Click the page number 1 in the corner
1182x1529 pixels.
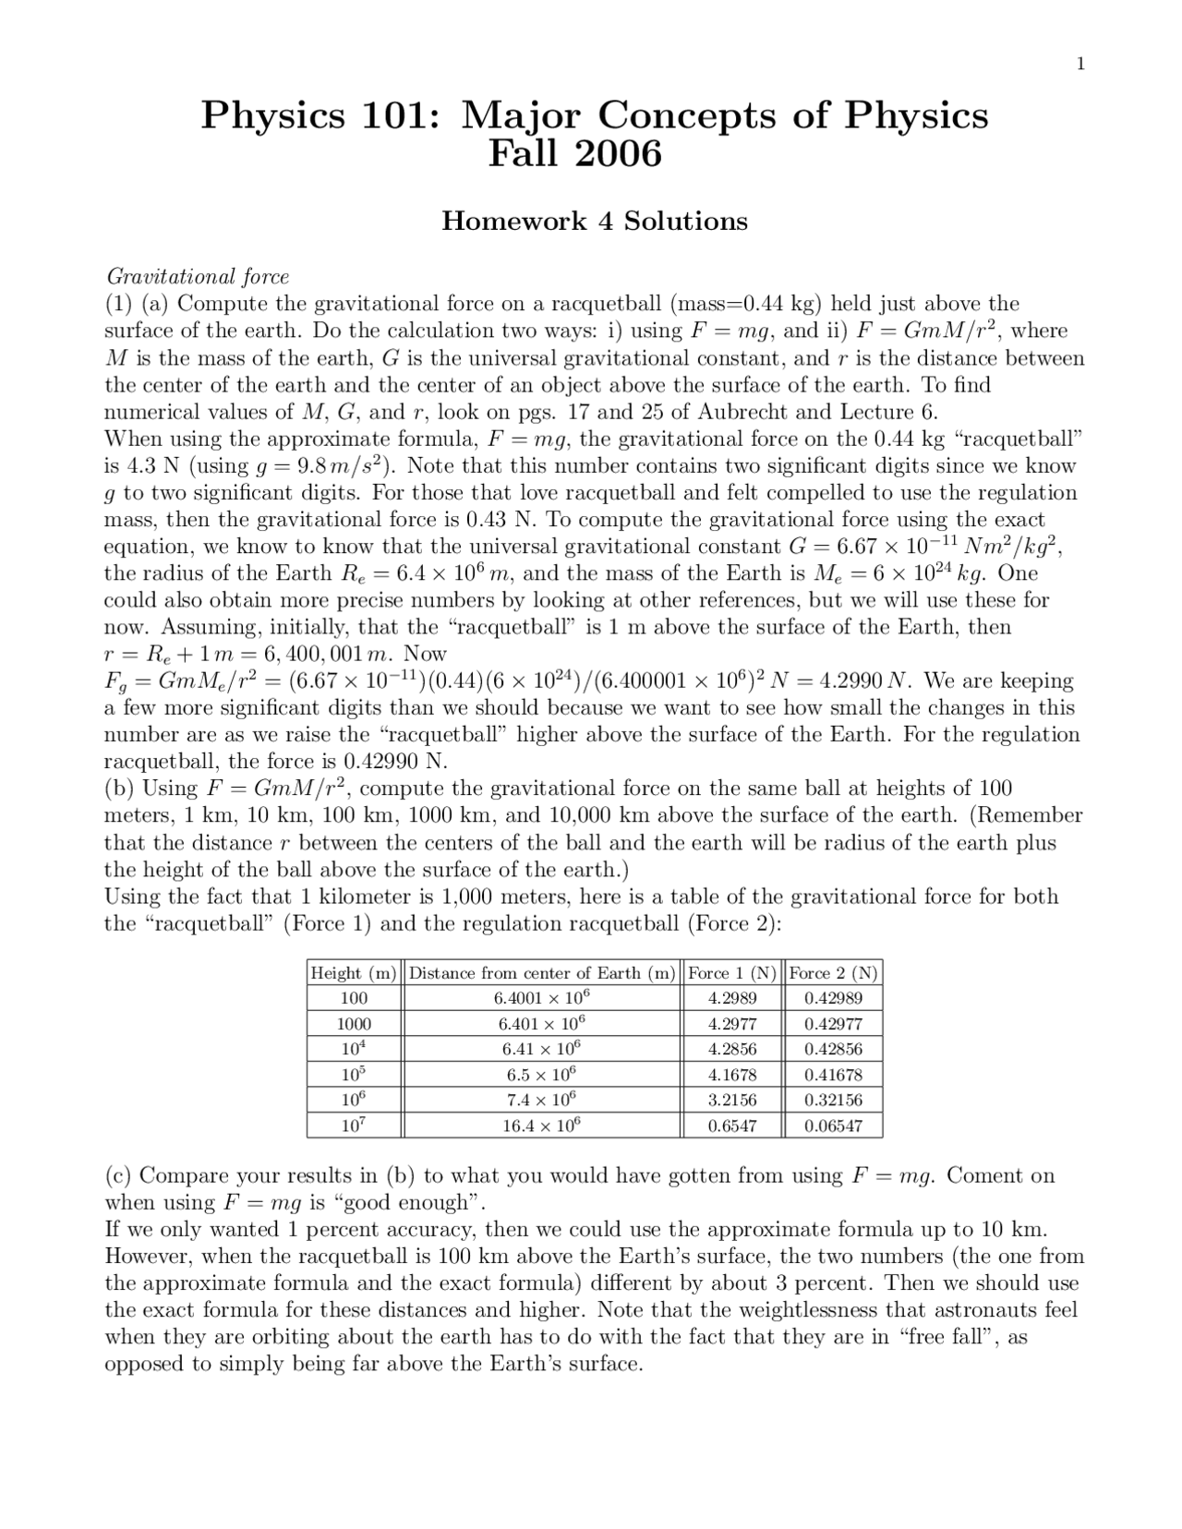pyautogui.click(x=1079, y=64)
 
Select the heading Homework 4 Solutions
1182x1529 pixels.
pyautogui.click(x=594, y=222)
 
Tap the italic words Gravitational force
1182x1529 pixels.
pyautogui.click(x=198, y=276)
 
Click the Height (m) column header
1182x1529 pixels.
pyautogui.click(x=354, y=973)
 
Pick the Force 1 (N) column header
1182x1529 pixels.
pyautogui.click(x=732, y=973)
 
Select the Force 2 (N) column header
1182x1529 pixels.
pyautogui.click(x=833, y=973)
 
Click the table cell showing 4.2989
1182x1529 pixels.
pyautogui.click(x=732, y=998)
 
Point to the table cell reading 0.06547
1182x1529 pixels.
pyautogui.click(x=833, y=1126)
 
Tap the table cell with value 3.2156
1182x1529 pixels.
pyautogui.click(x=732, y=1100)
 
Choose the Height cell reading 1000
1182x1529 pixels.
pyautogui.click(x=354, y=1024)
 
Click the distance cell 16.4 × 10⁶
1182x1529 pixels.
pyautogui.click(x=542, y=1126)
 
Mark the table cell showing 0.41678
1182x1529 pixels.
pyautogui.click(x=833, y=1075)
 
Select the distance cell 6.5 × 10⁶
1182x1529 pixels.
pyautogui.click(x=542, y=1075)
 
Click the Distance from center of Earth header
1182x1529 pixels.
pyautogui.click(x=542, y=973)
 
